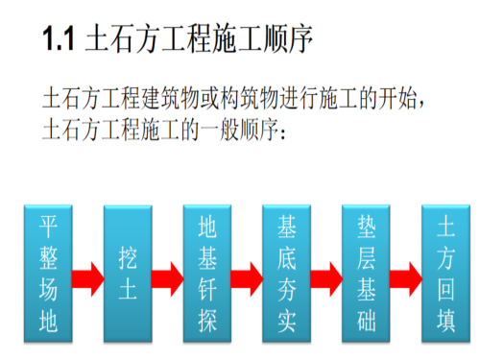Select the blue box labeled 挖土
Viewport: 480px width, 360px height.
[x=128, y=273]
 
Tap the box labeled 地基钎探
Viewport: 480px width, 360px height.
[x=207, y=273]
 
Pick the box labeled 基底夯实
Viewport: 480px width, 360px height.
[x=286, y=273]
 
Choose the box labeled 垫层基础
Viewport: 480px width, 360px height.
[x=366, y=273]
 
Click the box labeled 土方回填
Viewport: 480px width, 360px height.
[x=444, y=273]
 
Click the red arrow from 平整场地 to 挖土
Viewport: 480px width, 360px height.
[x=88, y=278]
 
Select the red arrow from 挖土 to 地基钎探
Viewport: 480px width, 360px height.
[x=168, y=278]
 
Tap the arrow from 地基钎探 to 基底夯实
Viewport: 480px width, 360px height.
[x=247, y=278]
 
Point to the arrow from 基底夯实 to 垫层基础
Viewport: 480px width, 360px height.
[x=326, y=278]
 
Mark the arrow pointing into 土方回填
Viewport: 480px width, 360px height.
[x=405, y=278]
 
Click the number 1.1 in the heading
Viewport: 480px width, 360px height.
[x=59, y=41]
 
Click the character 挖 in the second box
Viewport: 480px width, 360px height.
[x=128, y=256]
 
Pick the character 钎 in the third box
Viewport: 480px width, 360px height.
[x=207, y=288]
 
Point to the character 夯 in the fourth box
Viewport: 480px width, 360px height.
[x=286, y=288]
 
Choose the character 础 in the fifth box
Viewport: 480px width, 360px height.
[x=366, y=319]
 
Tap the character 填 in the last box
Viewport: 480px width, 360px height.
[x=444, y=319]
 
